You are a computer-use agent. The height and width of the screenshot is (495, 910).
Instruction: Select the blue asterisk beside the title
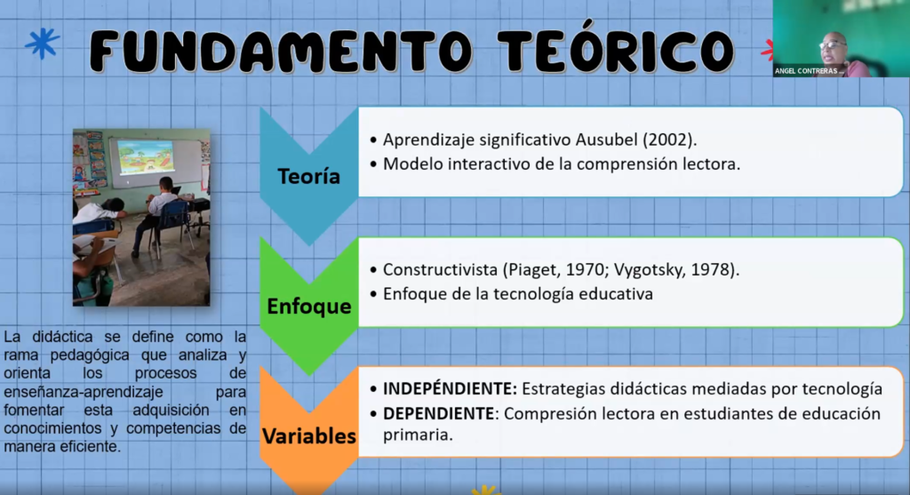point(42,43)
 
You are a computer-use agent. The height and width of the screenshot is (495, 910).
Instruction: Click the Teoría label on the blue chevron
point(308,176)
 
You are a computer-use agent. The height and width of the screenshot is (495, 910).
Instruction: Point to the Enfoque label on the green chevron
point(308,307)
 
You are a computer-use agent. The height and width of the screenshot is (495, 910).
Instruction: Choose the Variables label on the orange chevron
point(308,435)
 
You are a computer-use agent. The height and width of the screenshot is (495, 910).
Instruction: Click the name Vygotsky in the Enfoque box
point(648,270)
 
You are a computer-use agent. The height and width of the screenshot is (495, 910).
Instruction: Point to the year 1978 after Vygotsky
point(710,270)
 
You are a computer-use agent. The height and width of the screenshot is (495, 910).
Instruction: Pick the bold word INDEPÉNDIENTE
point(449,388)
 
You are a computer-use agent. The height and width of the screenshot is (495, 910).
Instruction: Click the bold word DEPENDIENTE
point(439,414)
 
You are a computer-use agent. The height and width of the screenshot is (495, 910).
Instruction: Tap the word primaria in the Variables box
point(418,435)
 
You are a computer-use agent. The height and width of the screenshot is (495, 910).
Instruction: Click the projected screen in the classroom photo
point(145,156)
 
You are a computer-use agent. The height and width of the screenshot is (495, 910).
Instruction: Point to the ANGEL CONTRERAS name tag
point(809,71)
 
